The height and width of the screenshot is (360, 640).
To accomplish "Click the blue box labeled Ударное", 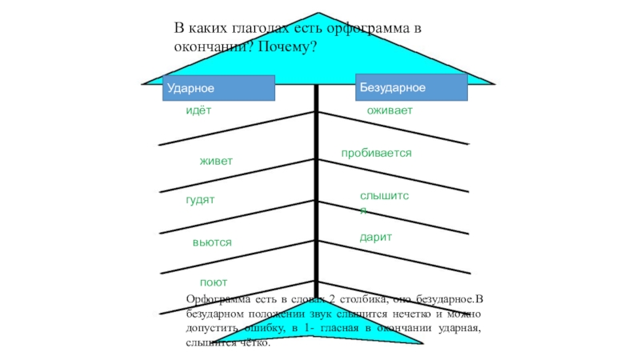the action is coord(218,87).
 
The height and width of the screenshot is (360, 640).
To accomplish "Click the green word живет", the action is coord(216,162).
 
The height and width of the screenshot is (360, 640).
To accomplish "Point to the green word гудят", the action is coord(200,198).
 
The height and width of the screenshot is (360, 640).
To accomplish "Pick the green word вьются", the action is coord(212,242).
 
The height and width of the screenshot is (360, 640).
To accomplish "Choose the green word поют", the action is coord(214,282).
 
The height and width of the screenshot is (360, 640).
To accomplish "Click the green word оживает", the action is coord(390,111).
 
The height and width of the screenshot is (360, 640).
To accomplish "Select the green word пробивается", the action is coord(376,152).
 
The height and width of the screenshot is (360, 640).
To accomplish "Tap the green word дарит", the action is coord(375,238).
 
